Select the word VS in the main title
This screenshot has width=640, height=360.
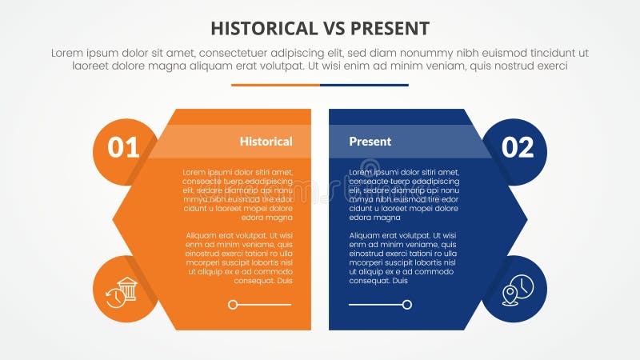[333, 29]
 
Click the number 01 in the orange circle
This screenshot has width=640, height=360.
[123, 147]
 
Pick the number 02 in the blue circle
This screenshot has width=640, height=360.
[517, 147]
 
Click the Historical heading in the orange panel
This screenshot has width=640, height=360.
[266, 142]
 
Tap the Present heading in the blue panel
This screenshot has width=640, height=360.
[370, 142]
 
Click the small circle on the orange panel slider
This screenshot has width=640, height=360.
[233, 305]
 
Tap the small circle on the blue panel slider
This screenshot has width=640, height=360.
[407, 305]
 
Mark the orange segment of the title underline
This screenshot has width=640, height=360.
[275, 85]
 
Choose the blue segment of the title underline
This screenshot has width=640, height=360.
[364, 85]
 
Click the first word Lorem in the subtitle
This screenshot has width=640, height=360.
[68, 53]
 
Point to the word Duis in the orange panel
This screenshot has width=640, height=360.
[283, 281]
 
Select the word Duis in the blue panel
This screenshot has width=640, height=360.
[400, 281]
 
